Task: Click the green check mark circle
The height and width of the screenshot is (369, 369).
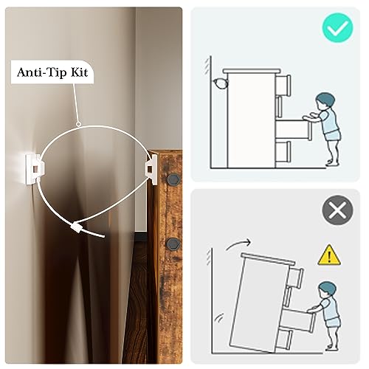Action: pyautogui.click(x=337, y=27)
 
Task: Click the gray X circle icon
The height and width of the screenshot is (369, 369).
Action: pyautogui.click(x=337, y=210)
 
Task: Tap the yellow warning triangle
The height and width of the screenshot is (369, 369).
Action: pyautogui.click(x=329, y=255)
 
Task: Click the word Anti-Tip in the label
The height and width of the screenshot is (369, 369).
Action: pyautogui.click(x=42, y=72)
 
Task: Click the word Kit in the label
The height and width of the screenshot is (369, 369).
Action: pyautogui.click(x=80, y=72)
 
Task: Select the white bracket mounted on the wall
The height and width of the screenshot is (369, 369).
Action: pyautogui.click(x=35, y=168)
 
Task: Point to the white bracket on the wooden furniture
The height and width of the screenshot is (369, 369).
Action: pyautogui.click(x=151, y=169)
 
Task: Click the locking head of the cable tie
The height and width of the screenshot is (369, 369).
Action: pyautogui.click(x=76, y=227)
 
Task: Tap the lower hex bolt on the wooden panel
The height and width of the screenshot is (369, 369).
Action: pyautogui.click(x=173, y=244)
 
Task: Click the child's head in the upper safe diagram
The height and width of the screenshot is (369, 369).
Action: pyautogui.click(x=325, y=101)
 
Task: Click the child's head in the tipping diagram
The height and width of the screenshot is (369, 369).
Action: pyautogui.click(x=327, y=290)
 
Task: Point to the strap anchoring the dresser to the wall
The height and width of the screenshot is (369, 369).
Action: pyautogui.click(x=221, y=83)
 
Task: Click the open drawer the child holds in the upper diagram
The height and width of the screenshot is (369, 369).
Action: pyautogui.click(x=294, y=130)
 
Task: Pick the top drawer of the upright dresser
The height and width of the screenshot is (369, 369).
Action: pyautogui.click(x=283, y=85)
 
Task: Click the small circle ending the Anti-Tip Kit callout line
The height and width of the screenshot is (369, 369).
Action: pyautogui.click(x=78, y=124)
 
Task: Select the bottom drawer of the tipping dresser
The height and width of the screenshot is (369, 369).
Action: pyautogui.click(x=285, y=339)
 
